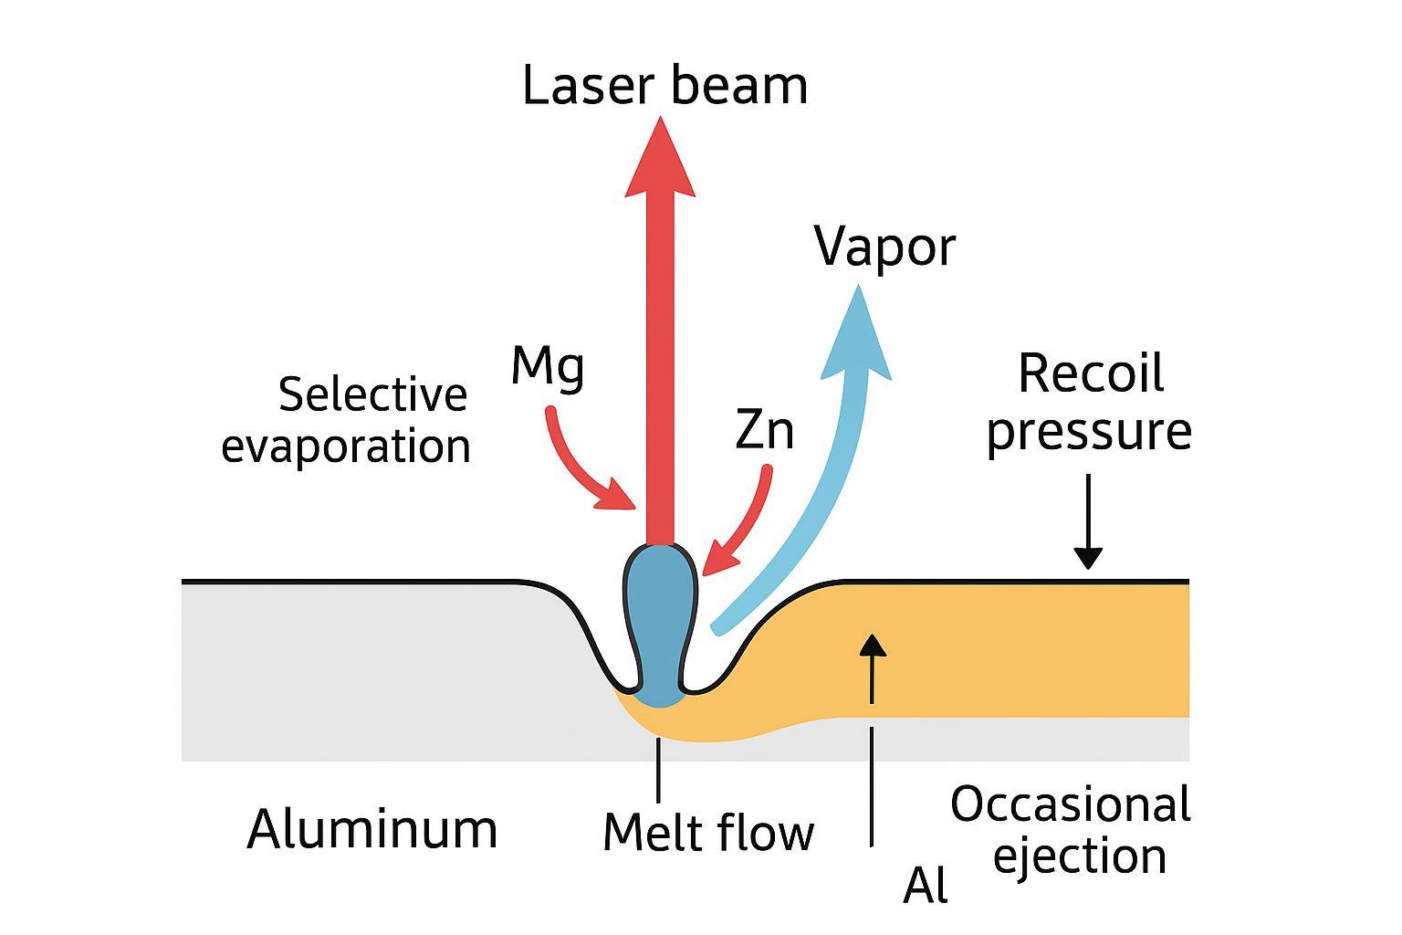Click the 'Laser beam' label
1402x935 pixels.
tap(664, 86)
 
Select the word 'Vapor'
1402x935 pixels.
tap(884, 247)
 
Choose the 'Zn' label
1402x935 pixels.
tap(764, 430)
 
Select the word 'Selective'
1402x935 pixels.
tap(372, 395)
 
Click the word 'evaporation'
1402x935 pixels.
tap(346, 446)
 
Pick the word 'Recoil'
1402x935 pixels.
tap(1090, 373)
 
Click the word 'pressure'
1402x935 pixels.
tap(1089, 431)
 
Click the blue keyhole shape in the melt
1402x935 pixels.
tap(660, 621)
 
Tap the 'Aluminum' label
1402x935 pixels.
tap(372, 829)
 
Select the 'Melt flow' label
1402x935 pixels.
tap(708, 832)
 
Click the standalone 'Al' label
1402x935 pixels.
tap(925, 886)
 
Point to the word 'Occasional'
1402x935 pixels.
tap(1070, 805)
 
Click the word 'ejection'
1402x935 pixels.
tap(1079, 856)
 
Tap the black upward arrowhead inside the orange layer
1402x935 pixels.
tap(874, 644)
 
